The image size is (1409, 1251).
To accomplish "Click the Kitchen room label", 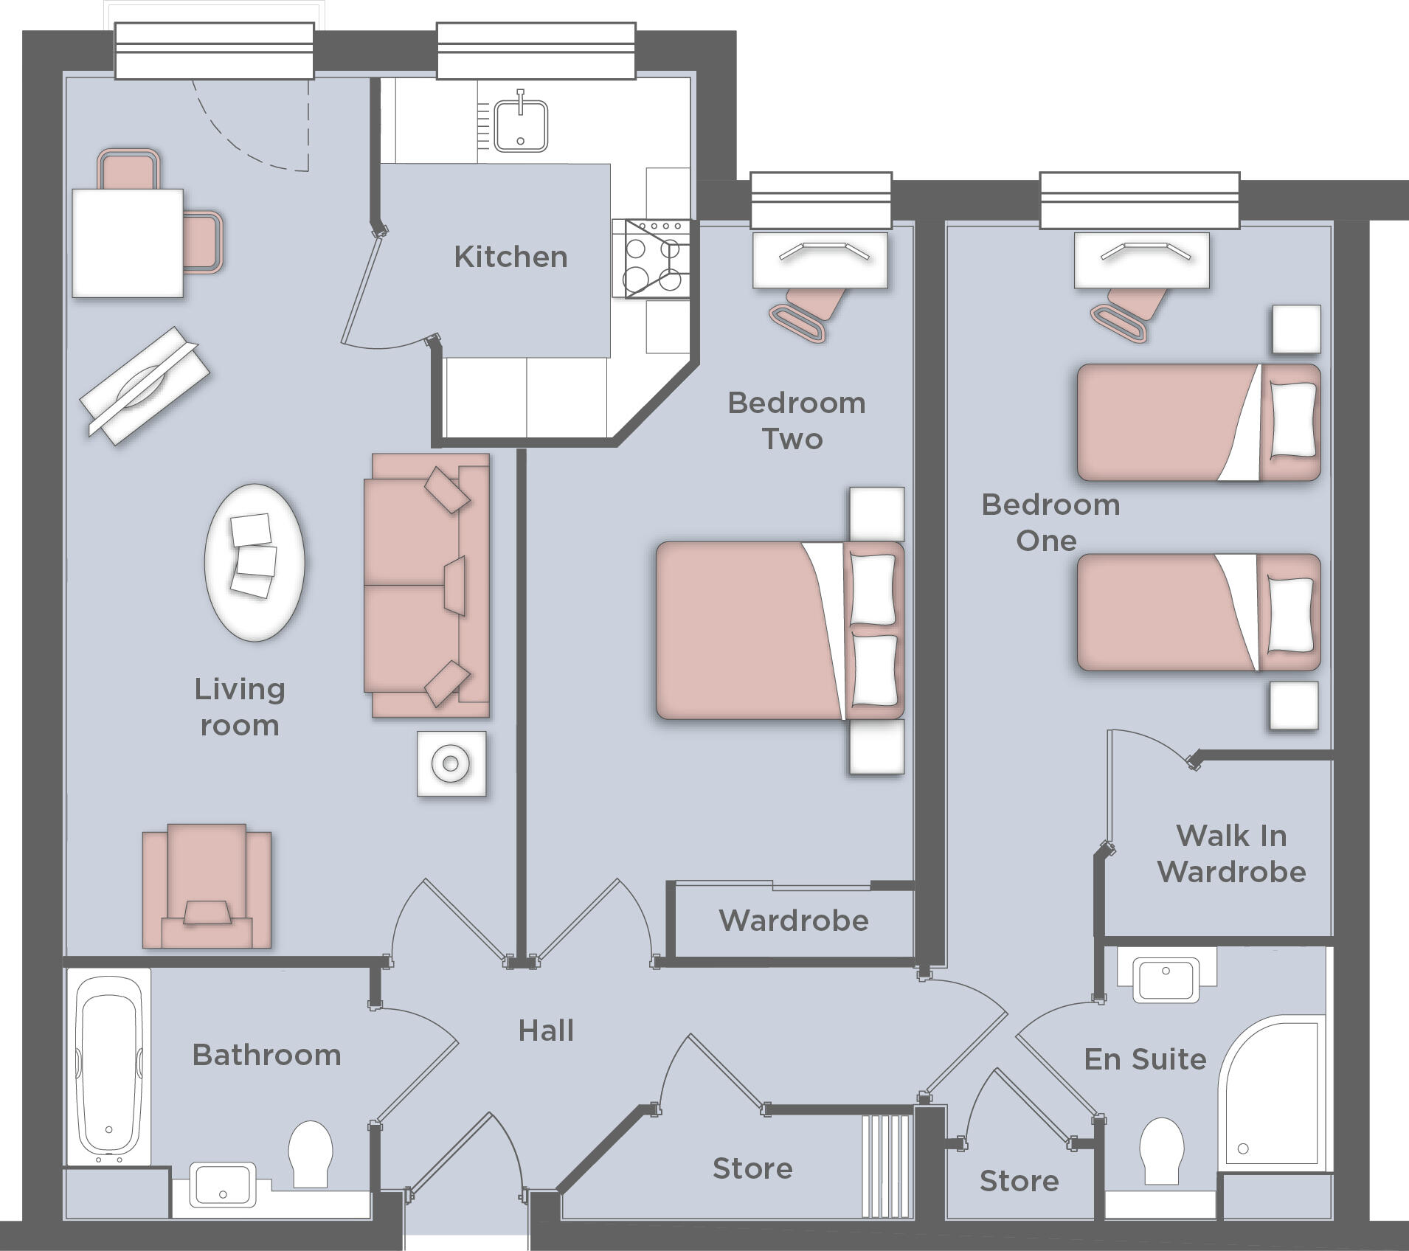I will [510, 257].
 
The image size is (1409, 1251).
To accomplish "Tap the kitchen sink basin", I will [521, 125].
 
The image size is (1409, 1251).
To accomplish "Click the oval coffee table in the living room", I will [255, 563].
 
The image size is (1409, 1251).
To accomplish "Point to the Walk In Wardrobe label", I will [1231, 854].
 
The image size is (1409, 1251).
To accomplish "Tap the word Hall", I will [546, 1030].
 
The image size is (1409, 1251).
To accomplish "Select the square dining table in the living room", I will [128, 243].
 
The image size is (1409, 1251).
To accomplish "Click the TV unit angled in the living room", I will [144, 386].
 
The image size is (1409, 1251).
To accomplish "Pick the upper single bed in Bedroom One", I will [1195, 422].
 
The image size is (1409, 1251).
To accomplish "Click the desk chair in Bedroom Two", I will [808, 313].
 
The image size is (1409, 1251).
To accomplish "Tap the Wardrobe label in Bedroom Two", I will [794, 921].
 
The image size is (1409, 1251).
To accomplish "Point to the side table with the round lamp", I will [451, 763].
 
